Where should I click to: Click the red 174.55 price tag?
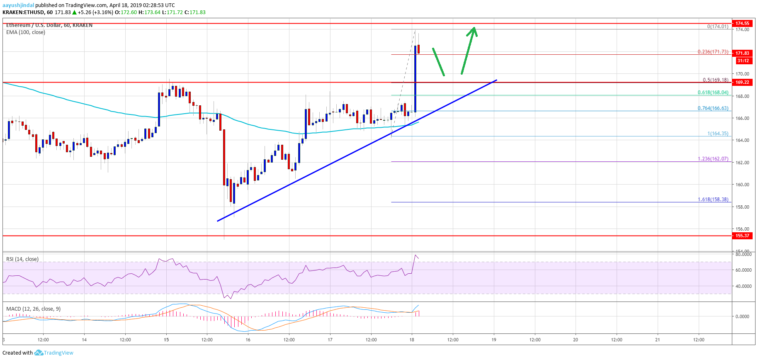742,23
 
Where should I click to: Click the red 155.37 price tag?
742,236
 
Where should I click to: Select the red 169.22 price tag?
742,82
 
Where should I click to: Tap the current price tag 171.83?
742,53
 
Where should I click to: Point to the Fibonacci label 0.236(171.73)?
713,52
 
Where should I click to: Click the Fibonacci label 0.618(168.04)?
713,92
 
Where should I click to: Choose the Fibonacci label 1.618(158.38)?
713,199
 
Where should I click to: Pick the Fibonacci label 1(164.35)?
717,134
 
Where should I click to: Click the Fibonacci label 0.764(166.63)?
713,108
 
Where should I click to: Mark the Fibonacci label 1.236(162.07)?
713,159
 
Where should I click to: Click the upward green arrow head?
474,31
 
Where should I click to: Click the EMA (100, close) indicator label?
26,32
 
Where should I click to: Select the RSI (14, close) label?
22,259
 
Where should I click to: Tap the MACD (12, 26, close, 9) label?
33,309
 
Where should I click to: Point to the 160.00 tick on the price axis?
742,185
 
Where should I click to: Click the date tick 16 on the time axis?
248,340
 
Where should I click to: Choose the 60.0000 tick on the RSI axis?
743,270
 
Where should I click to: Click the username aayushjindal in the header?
18,5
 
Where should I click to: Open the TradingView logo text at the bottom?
58,353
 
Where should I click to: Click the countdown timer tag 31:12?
743,61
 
